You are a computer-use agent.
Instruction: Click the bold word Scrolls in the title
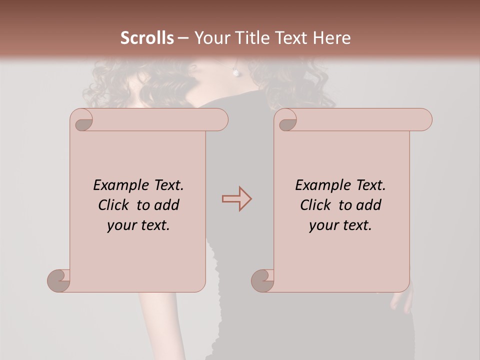pos(147,38)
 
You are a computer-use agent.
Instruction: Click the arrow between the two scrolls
pos(236,199)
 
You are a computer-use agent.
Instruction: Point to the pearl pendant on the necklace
pos(235,73)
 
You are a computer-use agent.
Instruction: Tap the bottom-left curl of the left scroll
pos(59,280)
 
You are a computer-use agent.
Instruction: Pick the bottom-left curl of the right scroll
pos(263,280)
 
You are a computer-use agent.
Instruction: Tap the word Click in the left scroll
pos(114,205)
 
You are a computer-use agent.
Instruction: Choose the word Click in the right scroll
pos(315,205)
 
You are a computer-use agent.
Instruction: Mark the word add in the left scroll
pos(166,205)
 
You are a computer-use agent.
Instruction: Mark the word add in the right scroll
pos(368,205)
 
